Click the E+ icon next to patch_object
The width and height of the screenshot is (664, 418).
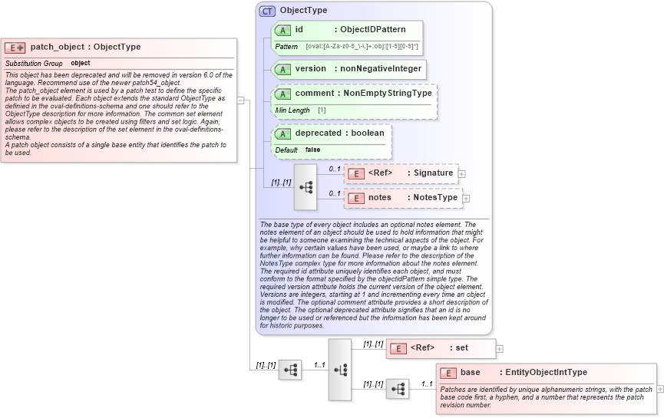click(15, 48)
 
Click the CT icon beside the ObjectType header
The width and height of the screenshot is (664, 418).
click(267, 11)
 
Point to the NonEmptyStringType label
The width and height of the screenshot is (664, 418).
click(388, 93)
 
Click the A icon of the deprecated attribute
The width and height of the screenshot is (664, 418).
click(282, 133)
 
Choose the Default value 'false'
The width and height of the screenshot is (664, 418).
click(312, 150)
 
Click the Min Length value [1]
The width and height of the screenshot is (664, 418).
click(322, 110)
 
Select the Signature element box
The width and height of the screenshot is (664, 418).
click(401, 173)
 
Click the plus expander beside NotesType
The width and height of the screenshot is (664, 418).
click(466, 198)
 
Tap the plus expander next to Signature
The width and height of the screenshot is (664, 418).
click(461, 174)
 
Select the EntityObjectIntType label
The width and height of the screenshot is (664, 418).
click(546, 373)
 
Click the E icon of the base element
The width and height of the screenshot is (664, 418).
click(448, 373)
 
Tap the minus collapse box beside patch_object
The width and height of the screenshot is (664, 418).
click(241, 100)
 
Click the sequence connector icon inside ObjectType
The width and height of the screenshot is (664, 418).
click(306, 187)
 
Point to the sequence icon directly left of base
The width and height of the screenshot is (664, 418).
click(397, 390)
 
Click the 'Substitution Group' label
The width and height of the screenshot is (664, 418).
click(34, 63)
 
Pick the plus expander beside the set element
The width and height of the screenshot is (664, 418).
click(500, 348)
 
